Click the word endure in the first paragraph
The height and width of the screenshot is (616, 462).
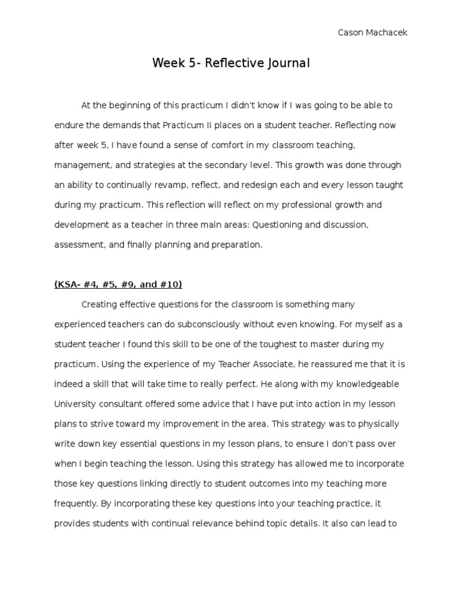point(69,125)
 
